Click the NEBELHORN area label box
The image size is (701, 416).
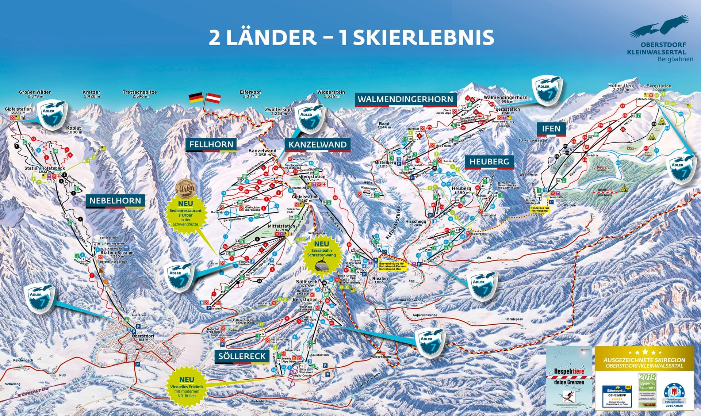(x=115, y=201)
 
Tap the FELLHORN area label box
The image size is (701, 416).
(x=211, y=145)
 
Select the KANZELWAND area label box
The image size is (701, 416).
(x=317, y=145)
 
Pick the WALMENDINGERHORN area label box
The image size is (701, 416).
(x=405, y=99)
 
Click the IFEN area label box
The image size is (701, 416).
(x=551, y=129)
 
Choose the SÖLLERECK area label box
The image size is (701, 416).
(x=242, y=356)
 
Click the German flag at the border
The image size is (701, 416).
(x=195, y=98)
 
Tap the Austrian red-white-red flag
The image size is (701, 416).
(x=214, y=98)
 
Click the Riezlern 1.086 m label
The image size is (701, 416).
(x=380, y=280)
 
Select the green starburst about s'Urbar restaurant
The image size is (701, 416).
(x=185, y=213)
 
